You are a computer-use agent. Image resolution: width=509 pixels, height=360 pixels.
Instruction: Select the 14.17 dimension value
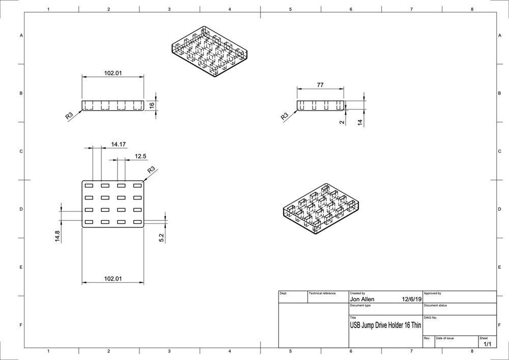tap(118, 145)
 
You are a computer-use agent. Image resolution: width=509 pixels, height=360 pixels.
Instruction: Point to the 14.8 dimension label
tap(57, 237)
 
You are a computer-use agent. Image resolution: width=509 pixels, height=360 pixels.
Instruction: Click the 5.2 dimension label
tap(161, 237)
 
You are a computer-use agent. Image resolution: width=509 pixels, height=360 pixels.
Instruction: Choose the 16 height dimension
tap(152, 105)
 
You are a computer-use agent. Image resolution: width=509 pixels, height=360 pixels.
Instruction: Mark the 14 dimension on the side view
tap(360, 122)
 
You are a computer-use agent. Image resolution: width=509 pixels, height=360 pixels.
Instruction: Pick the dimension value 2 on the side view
tap(342, 122)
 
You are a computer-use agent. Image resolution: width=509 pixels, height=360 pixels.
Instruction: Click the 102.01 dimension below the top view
tap(113, 279)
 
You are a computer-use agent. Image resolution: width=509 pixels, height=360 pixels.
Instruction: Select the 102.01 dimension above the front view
tap(113, 73)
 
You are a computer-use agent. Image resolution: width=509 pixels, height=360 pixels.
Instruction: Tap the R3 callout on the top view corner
tap(151, 170)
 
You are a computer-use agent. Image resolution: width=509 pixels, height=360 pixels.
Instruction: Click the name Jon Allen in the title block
tap(362, 299)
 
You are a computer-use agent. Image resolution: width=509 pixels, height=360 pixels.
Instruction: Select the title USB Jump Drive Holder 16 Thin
tap(385, 325)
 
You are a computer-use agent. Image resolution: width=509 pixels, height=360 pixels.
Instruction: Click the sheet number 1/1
tap(487, 344)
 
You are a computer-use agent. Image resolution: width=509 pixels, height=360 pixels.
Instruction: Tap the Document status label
tap(435, 305)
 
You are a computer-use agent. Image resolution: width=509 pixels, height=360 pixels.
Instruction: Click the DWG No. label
tap(430, 317)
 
